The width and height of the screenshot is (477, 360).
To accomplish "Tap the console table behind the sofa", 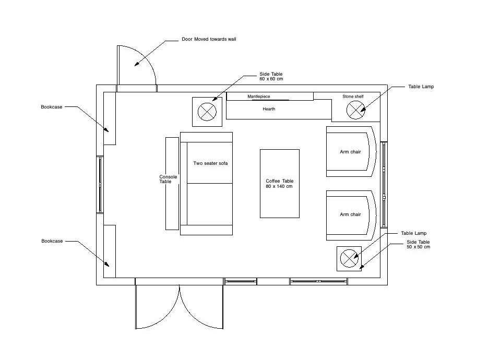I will click(172, 183).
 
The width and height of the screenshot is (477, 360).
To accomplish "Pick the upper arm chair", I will click(351, 152).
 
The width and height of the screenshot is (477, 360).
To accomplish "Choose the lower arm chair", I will click(351, 214).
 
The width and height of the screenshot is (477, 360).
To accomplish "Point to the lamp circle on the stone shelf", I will click(356, 109).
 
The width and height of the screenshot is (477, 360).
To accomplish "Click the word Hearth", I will click(269, 109).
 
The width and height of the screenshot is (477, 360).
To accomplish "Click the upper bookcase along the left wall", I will click(109, 118).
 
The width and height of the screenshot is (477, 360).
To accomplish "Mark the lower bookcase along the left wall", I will click(109, 251).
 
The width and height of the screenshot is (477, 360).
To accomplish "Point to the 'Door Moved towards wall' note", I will click(208, 39).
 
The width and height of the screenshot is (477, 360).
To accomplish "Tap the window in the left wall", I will click(100, 184).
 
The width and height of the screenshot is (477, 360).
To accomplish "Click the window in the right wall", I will click(385, 184).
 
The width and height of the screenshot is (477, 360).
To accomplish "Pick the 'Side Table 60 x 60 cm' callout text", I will click(270, 77).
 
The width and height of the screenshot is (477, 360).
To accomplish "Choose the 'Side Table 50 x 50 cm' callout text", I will click(418, 245).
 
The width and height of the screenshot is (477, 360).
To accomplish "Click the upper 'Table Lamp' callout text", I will click(421, 87).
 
